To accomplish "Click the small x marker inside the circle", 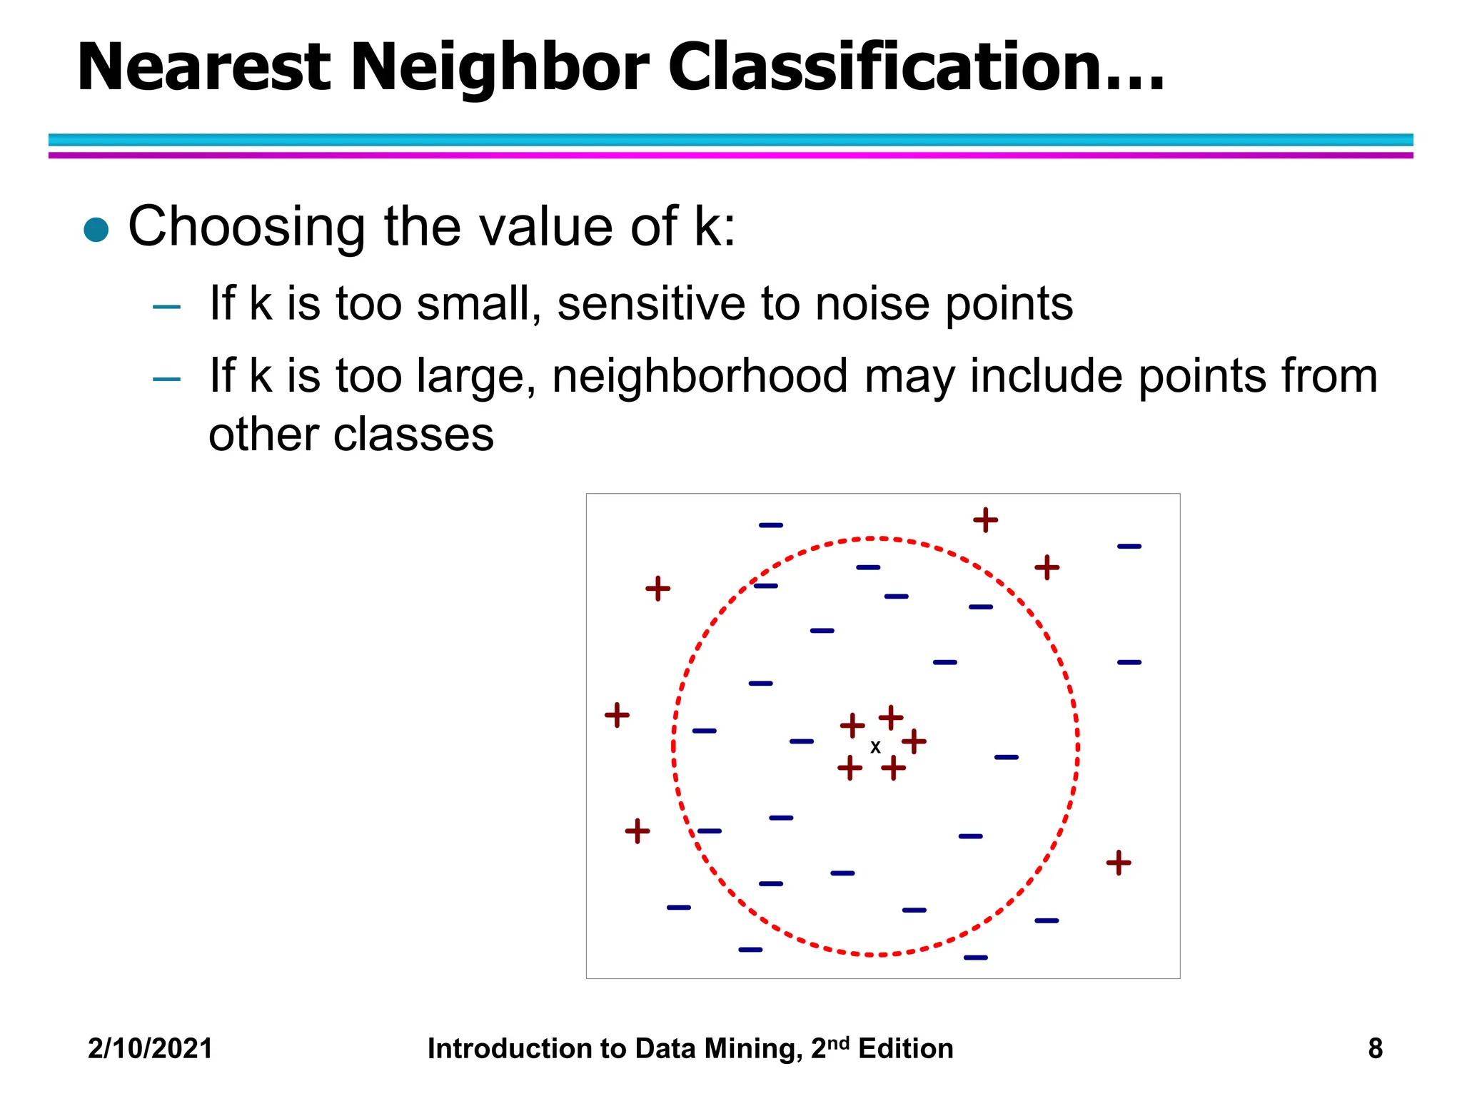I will point(875,747).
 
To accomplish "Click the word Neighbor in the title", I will point(499,68).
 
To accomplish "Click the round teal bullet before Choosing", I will point(96,230).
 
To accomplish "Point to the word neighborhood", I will point(700,377).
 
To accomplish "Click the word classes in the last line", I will point(413,435).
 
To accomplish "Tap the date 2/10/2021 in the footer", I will point(150,1049).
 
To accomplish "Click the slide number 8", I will point(1375,1049).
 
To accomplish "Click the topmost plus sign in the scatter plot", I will point(985,519).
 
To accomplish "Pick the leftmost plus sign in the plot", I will point(617,714).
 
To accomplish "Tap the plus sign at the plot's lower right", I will point(1118,863).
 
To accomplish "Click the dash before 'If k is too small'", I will point(166,308).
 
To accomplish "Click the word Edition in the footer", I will point(905,1049).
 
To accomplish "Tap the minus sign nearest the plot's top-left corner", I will point(770,525).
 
